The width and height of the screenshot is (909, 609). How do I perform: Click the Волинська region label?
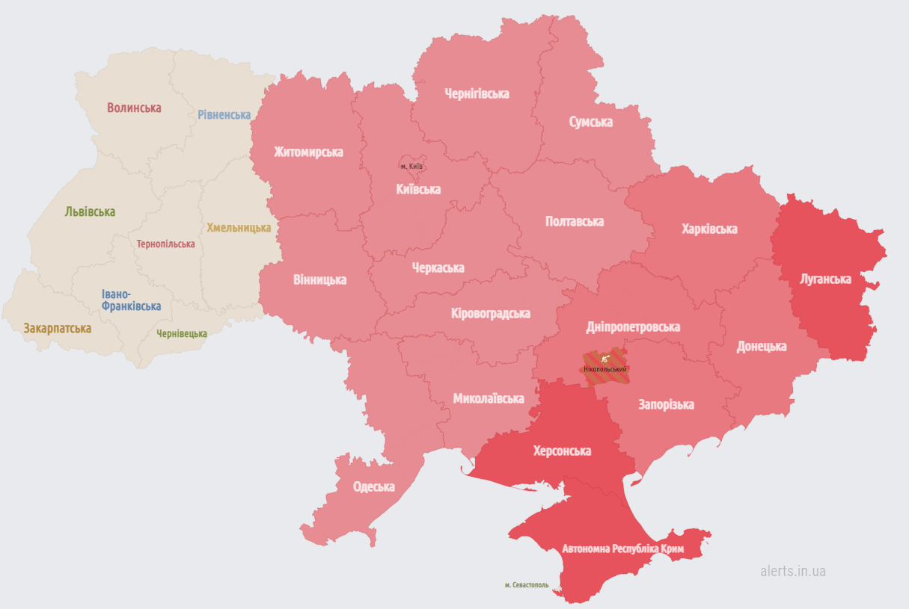134,108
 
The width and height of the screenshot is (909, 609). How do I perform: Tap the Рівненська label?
224,114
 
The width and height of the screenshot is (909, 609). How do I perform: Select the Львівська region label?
90,211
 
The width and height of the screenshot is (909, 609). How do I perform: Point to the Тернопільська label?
165,244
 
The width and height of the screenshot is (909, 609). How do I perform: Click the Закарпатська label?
58,328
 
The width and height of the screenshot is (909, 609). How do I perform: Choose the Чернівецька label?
182,333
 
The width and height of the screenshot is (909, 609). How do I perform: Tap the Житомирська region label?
308,152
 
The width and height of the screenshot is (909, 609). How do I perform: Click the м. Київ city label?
411,166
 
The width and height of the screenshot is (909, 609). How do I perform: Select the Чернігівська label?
477,93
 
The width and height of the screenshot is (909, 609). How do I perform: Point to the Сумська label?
590,122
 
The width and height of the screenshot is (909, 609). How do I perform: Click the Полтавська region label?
575,221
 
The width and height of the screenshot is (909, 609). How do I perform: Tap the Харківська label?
709,229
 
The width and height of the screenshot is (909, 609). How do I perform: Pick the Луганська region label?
825,279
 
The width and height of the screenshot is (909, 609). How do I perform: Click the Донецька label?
761,346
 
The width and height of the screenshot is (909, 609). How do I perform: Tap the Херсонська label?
561,451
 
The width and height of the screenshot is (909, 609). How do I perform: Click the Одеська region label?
373,486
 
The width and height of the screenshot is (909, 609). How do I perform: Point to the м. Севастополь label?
526,584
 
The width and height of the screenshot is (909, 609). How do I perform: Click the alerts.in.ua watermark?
792,571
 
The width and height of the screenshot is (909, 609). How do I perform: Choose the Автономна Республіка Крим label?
622,548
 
